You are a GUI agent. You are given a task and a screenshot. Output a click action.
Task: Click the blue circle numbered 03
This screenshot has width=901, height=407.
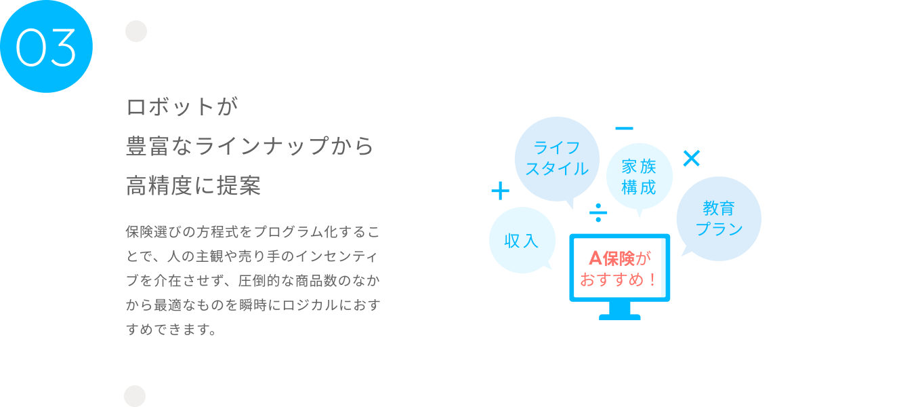click(x=46, y=46)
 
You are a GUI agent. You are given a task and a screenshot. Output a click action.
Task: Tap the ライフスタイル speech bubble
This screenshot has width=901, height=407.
click(x=557, y=158)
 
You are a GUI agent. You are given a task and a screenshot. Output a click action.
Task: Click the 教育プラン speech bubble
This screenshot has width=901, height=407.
click(x=719, y=218)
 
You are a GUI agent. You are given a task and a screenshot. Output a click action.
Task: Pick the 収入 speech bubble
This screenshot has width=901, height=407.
click(x=522, y=240)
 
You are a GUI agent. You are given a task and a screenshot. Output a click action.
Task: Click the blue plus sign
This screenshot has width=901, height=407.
click(x=500, y=191)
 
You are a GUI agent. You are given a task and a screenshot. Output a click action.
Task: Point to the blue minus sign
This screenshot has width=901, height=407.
click(x=624, y=128)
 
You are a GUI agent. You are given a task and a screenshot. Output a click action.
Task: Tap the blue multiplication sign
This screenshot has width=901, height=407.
click(x=691, y=159)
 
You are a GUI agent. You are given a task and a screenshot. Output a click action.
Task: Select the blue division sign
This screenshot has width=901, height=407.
click(x=598, y=212)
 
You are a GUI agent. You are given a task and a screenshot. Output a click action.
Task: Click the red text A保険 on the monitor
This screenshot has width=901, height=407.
click(x=612, y=258)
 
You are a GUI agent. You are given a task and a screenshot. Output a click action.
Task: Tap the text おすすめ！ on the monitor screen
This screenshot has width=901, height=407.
click(x=619, y=279)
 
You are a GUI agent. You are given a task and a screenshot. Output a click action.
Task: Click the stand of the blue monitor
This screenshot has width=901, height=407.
click(x=619, y=311)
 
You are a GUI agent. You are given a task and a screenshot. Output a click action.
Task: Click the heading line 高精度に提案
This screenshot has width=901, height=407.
click(x=194, y=186)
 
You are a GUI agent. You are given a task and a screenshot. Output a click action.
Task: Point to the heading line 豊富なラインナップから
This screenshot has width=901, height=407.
click(x=250, y=147)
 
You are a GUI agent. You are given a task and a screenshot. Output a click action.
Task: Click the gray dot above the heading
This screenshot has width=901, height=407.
click(x=136, y=31)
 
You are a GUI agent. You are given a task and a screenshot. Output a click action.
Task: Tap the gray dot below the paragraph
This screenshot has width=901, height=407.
click(x=135, y=396)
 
